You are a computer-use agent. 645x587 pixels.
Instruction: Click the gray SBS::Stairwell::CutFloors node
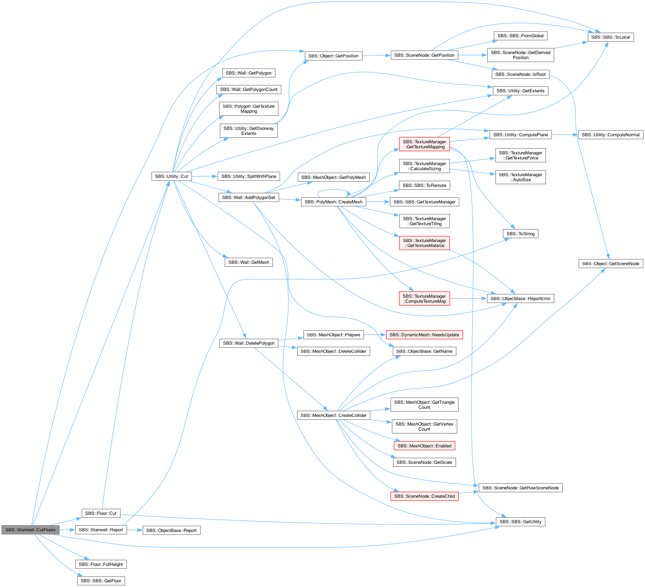point(31,530)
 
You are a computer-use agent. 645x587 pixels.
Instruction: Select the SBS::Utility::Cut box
point(171,177)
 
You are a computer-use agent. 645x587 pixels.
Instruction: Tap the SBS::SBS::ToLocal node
point(610,37)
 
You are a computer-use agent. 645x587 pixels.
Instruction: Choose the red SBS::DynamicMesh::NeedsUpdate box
point(424,335)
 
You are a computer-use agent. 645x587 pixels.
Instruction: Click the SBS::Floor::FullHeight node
point(101,565)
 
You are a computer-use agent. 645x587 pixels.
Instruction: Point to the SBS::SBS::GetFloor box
point(101,581)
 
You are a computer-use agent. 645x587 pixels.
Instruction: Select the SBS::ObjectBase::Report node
point(171,531)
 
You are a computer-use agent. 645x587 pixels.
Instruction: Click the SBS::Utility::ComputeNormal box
point(611,135)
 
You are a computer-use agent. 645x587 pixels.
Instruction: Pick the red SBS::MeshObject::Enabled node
point(425,446)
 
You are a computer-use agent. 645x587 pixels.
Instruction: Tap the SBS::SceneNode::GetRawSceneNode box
point(520,488)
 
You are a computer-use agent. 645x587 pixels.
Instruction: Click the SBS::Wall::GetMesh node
point(249,262)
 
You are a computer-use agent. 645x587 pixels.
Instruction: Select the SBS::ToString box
point(520,234)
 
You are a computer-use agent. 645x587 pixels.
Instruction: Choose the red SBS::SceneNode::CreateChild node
point(425,496)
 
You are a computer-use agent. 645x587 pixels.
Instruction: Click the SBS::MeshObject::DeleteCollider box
point(334,351)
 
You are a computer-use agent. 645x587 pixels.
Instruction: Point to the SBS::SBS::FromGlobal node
point(520,36)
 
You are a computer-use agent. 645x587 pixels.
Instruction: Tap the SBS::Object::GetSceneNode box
point(611,264)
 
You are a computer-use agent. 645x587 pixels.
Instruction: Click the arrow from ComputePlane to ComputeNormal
point(565,135)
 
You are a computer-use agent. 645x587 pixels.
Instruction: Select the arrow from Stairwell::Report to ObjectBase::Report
point(135,530)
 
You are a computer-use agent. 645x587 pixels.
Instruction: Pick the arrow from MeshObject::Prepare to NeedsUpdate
point(375,335)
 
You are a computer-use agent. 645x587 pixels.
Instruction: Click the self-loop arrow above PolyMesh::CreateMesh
point(332,190)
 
